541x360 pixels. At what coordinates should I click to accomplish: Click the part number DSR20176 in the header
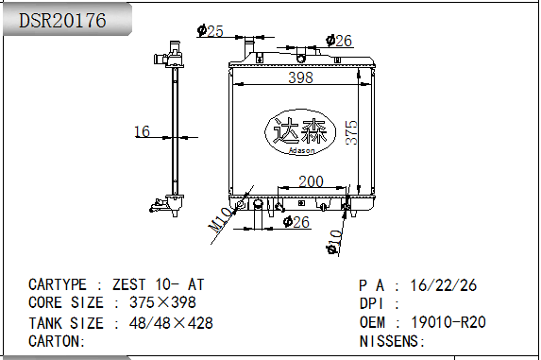click(x=62, y=21)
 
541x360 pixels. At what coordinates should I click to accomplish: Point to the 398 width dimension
click(x=300, y=77)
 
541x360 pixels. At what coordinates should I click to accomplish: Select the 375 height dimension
click(x=351, y=132)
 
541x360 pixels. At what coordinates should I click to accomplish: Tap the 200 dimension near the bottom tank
click(x=311, y=181)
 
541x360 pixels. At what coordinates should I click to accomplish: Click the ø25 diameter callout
click(x=211, y=31)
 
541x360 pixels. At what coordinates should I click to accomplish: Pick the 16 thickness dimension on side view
click(x=142, y=131)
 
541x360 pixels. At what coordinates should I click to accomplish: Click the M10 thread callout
click(x=220, y=220)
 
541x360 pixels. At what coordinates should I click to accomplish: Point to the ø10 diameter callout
click(x=334, y=242)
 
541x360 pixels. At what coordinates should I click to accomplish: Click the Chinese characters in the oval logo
click(x=300, y=130)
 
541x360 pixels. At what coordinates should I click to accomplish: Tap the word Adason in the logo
click(x=301, y=150)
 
